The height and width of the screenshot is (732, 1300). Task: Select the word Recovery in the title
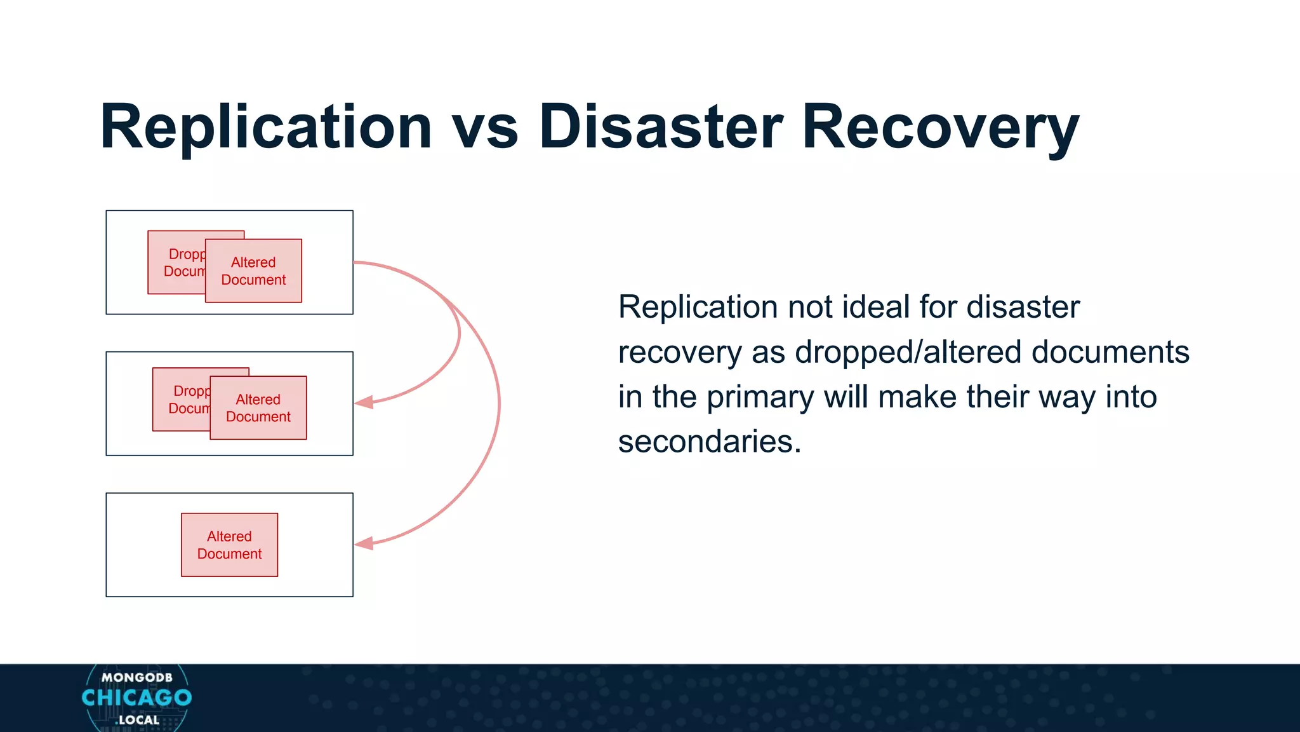(x=940, y=127)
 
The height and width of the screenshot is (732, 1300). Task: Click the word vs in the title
(x=486, y=127)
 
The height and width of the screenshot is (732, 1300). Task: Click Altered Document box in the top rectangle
(x=253, y=271)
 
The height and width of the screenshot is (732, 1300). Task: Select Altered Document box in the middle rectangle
(x=258, y=408)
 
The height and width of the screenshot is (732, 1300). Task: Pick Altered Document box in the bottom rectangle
(x=229, y=545)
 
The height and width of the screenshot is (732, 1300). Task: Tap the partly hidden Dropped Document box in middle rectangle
(x=180, y=400)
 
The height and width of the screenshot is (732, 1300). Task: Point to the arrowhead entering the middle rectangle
(x=364, y=403)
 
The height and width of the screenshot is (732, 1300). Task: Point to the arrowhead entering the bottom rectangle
(x=364, y=544)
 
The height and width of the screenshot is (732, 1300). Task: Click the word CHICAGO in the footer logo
(x=136, y=698)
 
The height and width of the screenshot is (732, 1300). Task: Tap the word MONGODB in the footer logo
(x=136, y=677)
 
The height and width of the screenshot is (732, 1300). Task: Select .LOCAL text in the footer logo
(x=137, y=720)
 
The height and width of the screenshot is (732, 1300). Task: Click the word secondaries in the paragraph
(x=709, y=442)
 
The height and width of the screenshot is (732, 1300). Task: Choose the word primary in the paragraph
(x=760, y=397)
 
